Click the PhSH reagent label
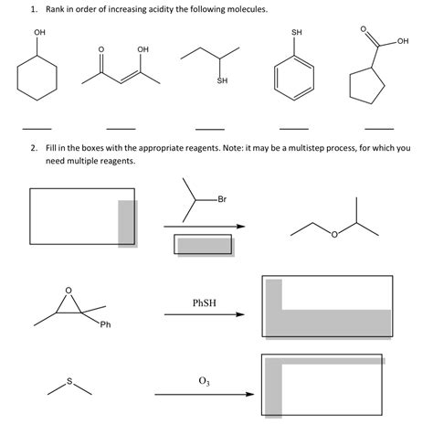coord(205,302)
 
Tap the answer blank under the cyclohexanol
coord(37,127)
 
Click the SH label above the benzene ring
coord(296,34)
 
